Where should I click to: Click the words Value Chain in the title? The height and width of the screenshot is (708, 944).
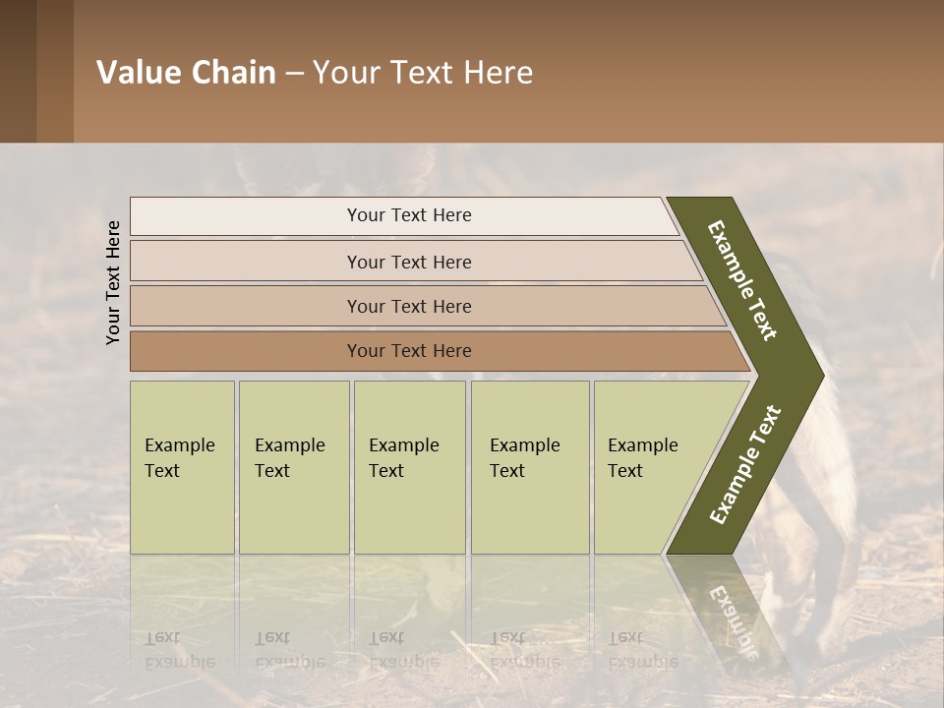pos(186,73)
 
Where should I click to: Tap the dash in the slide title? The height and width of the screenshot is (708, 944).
pos(294,74)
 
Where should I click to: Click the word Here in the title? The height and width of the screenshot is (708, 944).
pos(498,73)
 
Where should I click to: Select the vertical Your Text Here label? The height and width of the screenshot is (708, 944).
pos(113,282)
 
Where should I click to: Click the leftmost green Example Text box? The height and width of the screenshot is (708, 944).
pos(182,467)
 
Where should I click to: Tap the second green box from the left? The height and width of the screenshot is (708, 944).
pos(294,467)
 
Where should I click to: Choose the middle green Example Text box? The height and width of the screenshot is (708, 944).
pos(409,467)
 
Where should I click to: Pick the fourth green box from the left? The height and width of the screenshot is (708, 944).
pos(530,467)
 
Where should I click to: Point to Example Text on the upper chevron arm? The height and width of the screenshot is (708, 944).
pos(743,280)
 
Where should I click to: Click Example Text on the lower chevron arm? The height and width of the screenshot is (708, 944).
pos(745,464)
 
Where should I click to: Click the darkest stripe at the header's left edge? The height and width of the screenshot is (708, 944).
pos(18,71)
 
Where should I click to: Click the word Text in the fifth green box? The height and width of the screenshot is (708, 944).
pos(625,471)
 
